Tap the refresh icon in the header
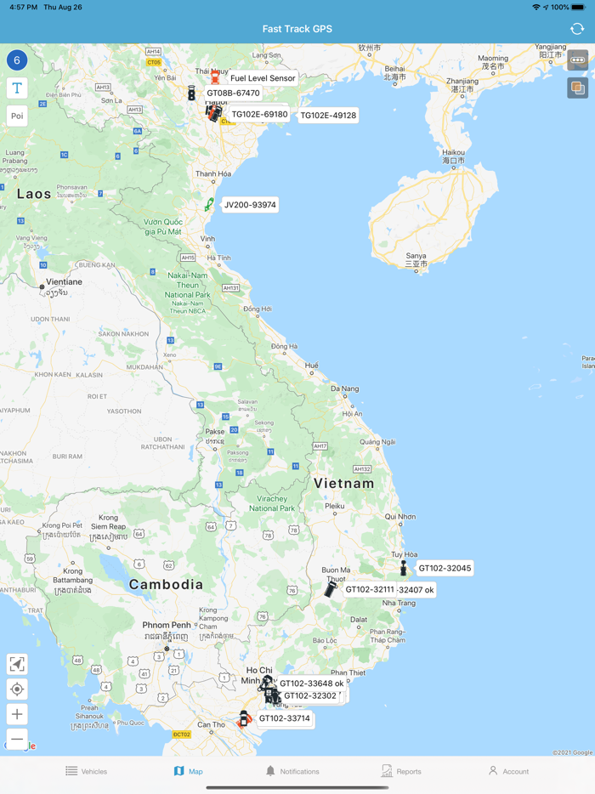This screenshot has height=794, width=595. (x=577, y=29)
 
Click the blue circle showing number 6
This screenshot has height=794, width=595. (x=17, y=60)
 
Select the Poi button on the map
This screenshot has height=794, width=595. (x=17, y=116)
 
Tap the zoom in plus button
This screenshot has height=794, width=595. (x=17, y=714)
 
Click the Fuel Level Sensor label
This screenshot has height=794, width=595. (x=263, y=78)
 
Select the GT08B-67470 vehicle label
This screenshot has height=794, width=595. (x=233, y=94)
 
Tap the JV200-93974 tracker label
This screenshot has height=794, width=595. (x=250, y=205)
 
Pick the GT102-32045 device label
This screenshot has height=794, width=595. (x=445, y=569)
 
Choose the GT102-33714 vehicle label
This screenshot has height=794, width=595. (x=285, y=719)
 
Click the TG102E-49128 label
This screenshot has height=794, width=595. (x=328, y=115)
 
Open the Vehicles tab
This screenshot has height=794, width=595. (x=87, y=771)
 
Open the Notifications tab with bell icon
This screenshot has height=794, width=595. (x=292, y=771)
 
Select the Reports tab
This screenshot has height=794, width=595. (x=401, y=771)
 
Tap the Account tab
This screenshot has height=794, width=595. (x=508, y=771)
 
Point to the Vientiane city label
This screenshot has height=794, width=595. (x=64, y=281)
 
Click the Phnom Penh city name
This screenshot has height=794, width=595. (x=166, y=626)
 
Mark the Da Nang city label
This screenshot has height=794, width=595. (x=344, y=388)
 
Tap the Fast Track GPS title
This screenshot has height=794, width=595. (x=297, y=29)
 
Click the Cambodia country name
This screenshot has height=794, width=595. (x=166, y=585)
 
